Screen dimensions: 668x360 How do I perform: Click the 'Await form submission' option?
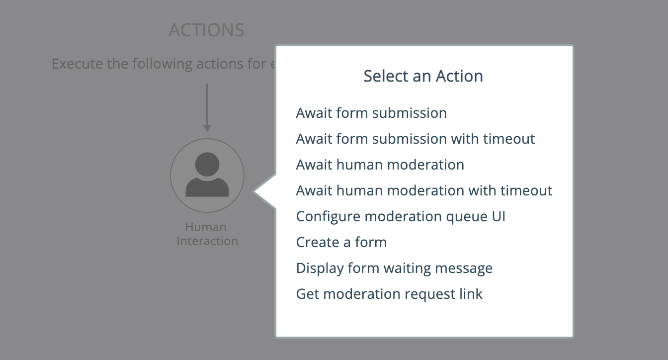(x=371, y=113)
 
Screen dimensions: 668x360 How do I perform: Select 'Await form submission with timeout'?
(x=416, y=139)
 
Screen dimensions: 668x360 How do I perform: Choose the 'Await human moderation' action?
(x=380, y=165)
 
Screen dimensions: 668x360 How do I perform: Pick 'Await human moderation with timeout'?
(x=424, y=190)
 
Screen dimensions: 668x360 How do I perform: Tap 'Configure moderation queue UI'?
(x=401, y=216)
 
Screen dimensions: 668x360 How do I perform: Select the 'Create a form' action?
(x=341, y=242)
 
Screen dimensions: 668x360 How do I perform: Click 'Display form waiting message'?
(x=394, y=268)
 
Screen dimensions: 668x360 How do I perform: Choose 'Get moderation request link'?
(x=389, y=294)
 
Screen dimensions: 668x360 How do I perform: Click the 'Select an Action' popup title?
(x=423, y=76)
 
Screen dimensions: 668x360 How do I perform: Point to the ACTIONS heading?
(x=206, y=30)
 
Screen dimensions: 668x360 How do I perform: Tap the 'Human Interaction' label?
(x=207, y=234)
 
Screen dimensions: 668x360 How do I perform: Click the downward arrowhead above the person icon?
(x=207, y=129)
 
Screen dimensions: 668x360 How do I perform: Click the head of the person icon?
(x=207, y=165)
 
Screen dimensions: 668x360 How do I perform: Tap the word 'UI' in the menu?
(x=499, y=216)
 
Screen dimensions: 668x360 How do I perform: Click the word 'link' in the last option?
(x=471, y=294)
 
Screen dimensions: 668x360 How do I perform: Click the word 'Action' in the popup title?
(x=459, y=76)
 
